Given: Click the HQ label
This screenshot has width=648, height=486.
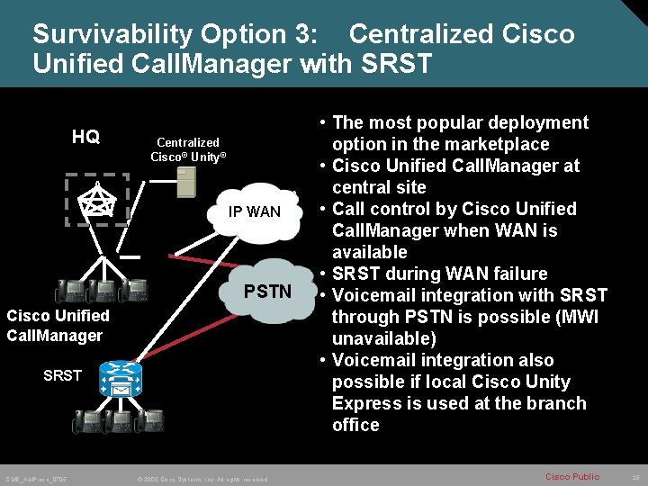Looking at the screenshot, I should click(85, 137).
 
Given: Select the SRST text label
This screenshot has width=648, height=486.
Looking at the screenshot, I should click(62, 375).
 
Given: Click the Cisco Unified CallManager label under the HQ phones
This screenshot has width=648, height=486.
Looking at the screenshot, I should click(58, 326).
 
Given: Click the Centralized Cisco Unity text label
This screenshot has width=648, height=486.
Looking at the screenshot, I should click(188, 149).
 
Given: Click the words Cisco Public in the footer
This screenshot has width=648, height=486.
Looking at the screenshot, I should click(572, 476).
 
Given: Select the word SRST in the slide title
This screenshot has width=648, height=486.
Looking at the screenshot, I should click(396, 65).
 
